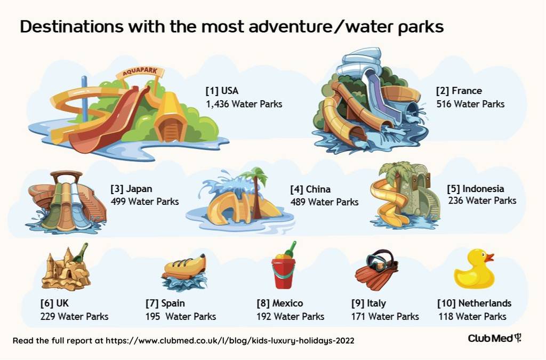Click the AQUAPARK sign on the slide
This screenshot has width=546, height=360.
140,71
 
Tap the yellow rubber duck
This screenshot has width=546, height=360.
474,269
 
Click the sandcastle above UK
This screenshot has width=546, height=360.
66,268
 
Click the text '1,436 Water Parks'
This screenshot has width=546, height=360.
244,104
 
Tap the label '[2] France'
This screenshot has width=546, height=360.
459,91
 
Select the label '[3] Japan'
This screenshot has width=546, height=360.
131,189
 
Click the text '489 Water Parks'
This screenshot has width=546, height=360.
324,202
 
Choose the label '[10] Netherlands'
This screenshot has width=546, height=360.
474,303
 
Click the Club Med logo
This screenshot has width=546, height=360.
494,338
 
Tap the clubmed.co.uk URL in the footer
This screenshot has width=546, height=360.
230,340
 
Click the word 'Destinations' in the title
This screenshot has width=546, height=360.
72,27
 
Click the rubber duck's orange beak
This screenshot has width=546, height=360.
489,258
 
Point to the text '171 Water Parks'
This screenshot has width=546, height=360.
385,316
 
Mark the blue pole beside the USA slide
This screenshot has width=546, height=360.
84,99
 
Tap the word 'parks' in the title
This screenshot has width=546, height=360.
421,27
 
